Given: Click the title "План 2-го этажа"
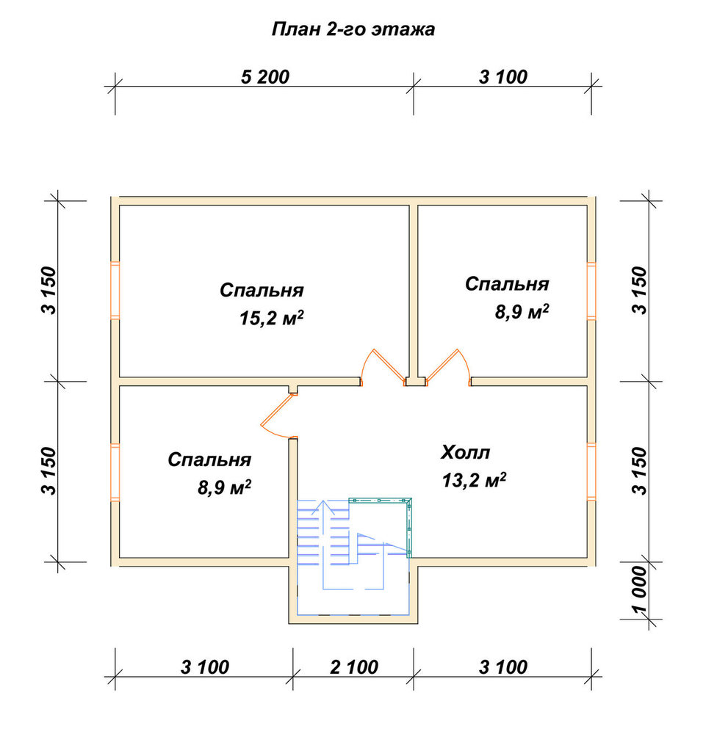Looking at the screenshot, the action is pos(353,29).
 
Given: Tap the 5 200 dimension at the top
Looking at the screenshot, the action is pos(265,77).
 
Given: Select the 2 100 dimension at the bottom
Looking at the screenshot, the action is pos(353,667).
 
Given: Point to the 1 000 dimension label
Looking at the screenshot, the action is pos(639,590).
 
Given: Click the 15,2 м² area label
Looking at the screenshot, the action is pos(271,319).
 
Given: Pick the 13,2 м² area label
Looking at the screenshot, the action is pos(474,480).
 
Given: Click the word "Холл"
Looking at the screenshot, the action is pos(465,453).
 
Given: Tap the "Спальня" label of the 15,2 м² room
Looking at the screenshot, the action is pos(262,290).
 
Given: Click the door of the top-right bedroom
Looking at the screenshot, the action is pos(448,367).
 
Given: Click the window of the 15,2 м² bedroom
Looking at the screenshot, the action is pos(115,290).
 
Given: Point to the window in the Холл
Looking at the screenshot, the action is pos(591,471).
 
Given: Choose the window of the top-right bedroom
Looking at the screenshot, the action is pos(591,291).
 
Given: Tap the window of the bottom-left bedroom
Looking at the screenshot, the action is pos(115,472).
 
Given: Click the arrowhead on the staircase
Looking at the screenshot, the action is pos(323,507).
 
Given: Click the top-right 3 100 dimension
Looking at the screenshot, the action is pos(503,77).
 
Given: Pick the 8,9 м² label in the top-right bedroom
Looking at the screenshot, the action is pos(522,312).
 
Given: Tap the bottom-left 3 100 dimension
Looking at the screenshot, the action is pos(205,667).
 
